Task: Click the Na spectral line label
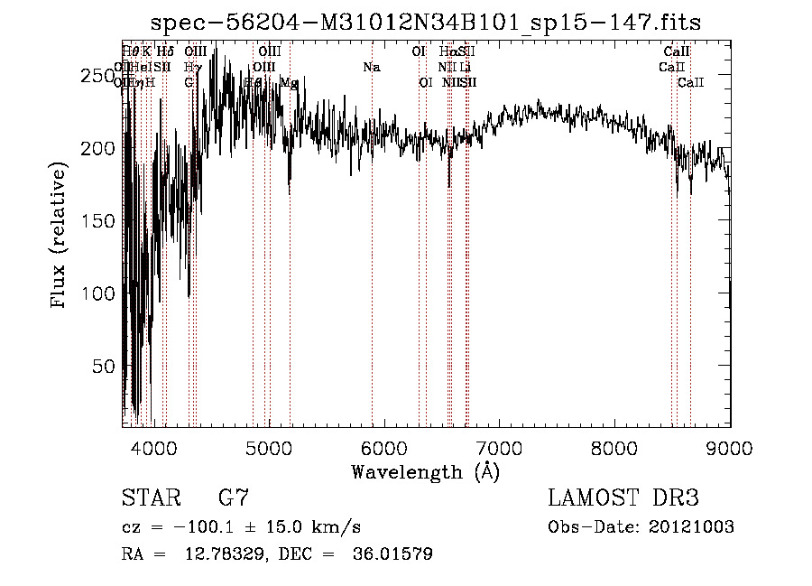[371, 67]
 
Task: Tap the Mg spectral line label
[288, 82]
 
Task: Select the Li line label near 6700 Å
[465, 67]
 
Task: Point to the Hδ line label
[165, 51]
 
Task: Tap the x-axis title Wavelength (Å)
[425, 471]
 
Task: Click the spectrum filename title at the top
[425, 21]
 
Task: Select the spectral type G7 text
[234, 498]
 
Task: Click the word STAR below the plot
[154, 498]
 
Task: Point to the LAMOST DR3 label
[623, 498]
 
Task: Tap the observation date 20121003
[689, 526]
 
